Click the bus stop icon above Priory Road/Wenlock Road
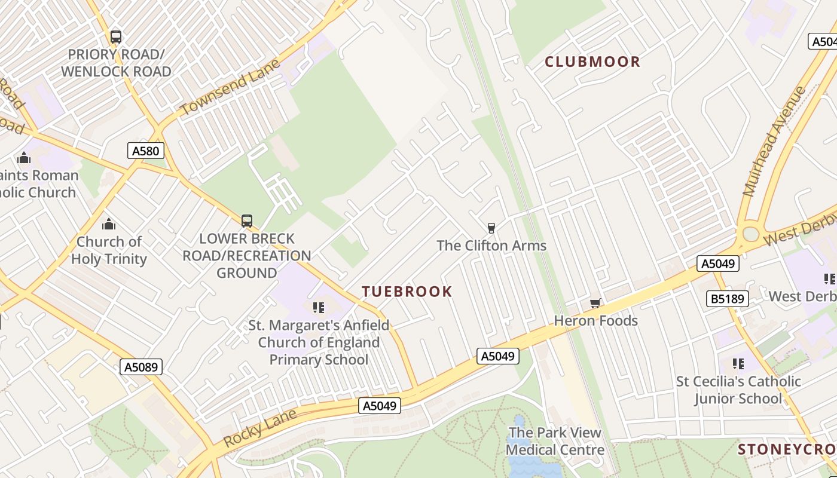point(116,37)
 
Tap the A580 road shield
point(146,151)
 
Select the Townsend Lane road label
point(230,88)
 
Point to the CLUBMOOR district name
point(592,62)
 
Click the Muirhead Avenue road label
point(774,141)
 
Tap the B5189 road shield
point(728,299)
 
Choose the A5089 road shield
point(142,367)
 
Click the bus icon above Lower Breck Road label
point(247,221)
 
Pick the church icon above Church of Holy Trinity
point(109,225)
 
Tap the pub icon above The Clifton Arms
point(491,228)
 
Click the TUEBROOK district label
point(407,292)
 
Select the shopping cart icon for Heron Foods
point(595,304)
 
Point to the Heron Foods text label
point(596,321)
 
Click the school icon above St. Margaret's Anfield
point(319,308)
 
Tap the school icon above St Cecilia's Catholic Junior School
point(738,363)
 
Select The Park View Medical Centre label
point(555,441)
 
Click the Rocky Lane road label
point(260,428)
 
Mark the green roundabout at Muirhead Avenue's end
point(750,234)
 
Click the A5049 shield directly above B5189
point(718,263)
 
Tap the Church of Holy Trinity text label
point(109,250)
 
